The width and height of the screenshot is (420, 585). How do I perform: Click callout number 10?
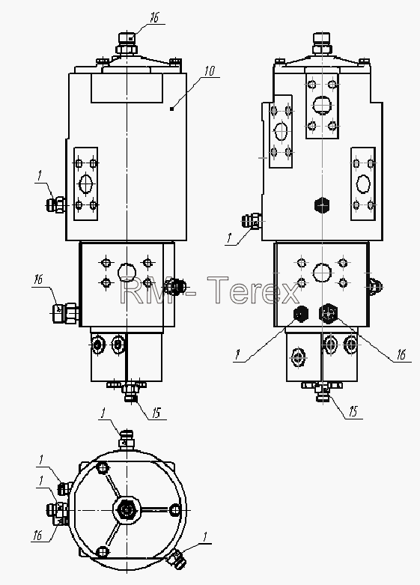[210, 70]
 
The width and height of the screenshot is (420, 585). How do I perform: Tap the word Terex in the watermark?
[253, 289]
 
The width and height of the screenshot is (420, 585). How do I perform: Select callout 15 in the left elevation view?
[156, 413]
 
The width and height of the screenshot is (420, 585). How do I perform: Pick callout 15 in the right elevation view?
[353, 411]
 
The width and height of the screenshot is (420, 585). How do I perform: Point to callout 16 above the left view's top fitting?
[154, 17]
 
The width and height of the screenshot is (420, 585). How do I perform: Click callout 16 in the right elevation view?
[401, 354]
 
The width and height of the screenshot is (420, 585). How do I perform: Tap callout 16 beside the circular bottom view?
[37, 536]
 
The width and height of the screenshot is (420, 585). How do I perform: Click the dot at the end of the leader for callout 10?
[171, 109]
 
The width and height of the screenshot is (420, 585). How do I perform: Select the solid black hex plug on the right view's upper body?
[322, 204]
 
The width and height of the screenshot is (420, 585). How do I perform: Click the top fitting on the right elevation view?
[321, 43]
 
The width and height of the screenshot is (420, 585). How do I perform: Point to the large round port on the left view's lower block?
[127, 273]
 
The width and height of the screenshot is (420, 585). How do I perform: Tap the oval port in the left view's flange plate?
[86, 184]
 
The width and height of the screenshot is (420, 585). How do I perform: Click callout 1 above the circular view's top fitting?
[103, 413]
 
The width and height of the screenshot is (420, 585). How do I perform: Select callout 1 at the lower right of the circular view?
[204, 537]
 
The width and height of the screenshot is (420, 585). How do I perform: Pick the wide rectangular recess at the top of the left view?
[127, 88]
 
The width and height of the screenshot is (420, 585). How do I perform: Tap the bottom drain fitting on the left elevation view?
[130, 392]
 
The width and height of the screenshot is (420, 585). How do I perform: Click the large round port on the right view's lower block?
[322, 273]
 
